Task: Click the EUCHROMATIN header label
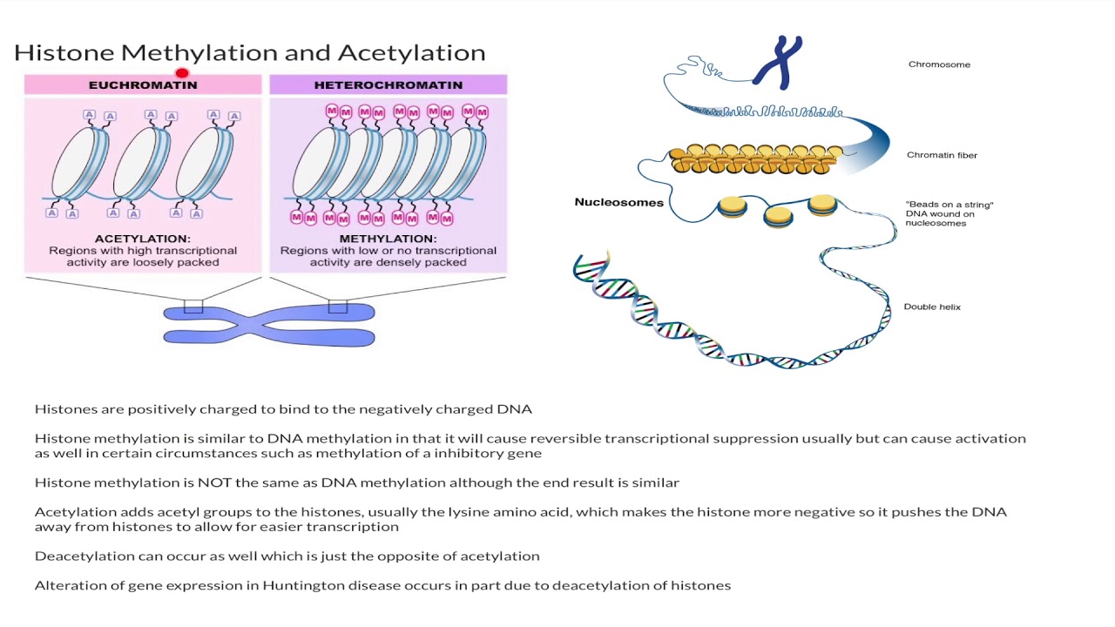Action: coord(143,84)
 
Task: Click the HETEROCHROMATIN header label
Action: coord(388,84)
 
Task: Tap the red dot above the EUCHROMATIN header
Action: coord(182,74)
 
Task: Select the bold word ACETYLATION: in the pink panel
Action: coord(143,239)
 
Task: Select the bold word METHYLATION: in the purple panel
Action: coord(388,239)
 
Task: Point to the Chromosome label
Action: coord(939,64)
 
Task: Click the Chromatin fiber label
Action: coord(942,155)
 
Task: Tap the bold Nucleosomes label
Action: coord(618,202)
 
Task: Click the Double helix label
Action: coord(932,307)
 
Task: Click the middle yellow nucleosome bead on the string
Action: coord(778,215)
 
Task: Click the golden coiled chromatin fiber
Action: coord(754,159)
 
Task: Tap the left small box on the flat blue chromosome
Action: coord(193,307)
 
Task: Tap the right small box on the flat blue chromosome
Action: coord(338,307)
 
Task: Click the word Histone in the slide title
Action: coord(64,52)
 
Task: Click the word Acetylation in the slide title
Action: coord(411,52)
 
